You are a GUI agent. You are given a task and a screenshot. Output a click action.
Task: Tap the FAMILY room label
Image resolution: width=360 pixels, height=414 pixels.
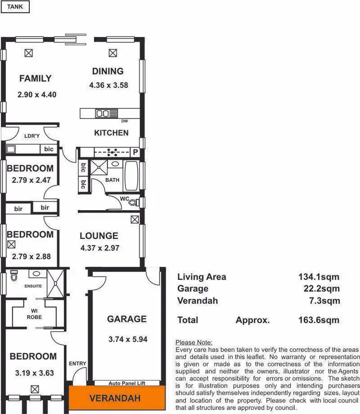pyautogui.click(x=35, y=79)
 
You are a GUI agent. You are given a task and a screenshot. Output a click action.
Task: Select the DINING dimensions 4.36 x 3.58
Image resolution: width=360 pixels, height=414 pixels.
pyautogui.click(x=108, y=86)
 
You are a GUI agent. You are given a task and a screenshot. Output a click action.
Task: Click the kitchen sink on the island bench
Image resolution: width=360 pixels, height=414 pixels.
pyautogui.click(x=103, y=114)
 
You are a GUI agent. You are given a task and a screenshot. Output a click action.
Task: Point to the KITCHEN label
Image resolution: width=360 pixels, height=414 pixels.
pyautogui.click(x=111, y=133)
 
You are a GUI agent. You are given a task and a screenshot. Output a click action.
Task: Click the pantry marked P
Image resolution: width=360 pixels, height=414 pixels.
pyautogui.click(x=135, y=153)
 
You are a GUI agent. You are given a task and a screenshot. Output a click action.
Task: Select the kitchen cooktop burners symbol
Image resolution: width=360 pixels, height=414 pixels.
pyautogui.click(x=113, y=153)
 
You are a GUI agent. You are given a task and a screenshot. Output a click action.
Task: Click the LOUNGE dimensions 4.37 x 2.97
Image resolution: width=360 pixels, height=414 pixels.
pyautogui.click(x=99, y=248)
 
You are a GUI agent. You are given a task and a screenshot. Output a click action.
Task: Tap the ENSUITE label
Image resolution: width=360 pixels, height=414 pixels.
pyautogui.click(x=33, y=286)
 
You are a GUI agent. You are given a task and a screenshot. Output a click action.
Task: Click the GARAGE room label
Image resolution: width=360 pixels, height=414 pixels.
pyautogui.click(x=127, y=319)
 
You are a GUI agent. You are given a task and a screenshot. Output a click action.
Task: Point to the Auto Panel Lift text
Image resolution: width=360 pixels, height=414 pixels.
pyautogui.click(x=127, y=383)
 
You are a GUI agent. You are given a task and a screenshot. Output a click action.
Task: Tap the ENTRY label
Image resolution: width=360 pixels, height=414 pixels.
pyautogui.click(x=78, y=364)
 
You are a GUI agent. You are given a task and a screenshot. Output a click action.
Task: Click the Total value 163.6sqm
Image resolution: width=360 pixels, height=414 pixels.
pyautogui.click(x=319, y=320)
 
